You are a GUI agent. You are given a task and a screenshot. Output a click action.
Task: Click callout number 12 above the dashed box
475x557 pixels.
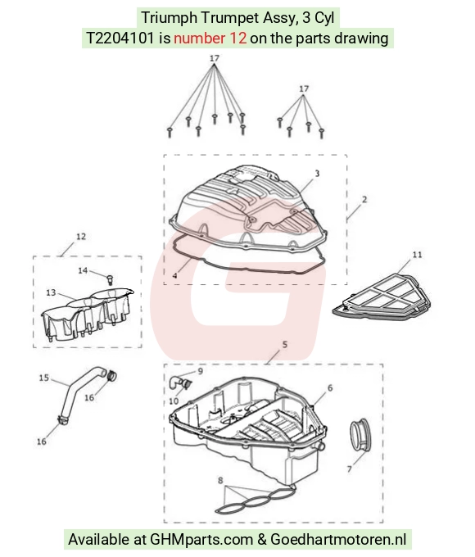coord(81,237)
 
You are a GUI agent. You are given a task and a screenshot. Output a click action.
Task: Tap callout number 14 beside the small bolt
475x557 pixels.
coord(83,270)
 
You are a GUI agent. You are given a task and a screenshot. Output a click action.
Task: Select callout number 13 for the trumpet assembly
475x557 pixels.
coord(51,292)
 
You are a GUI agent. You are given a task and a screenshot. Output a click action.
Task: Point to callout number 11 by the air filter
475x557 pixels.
coord(417,255)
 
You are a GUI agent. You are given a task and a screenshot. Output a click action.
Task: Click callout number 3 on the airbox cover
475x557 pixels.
coord(317,174)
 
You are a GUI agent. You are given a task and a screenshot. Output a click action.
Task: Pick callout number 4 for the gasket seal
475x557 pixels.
coord(174,276)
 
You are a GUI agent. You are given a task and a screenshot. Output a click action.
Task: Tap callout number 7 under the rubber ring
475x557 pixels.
coord(349,469)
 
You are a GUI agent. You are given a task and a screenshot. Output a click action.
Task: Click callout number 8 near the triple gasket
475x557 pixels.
coord(220,481)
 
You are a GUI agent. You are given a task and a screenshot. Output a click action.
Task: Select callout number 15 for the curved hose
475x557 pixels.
coord(43,378)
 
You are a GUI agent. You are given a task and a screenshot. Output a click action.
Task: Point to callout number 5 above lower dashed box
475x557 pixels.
coord(284,345)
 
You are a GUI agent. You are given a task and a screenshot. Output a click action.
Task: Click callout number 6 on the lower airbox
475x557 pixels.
coord(330,388)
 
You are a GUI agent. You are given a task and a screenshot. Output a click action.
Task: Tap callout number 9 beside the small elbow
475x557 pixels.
coord(201,371)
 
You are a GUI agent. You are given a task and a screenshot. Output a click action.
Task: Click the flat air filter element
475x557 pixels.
coord(382,297)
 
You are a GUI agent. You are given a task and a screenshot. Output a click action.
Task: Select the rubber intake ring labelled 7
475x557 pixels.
coord(360,435)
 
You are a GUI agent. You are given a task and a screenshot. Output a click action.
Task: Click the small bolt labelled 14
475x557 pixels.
coord(110,278)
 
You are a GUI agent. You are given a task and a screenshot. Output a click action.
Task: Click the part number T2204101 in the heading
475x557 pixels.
coord(120,38)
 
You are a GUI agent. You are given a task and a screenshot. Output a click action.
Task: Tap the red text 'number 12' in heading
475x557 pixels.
coord(210,38)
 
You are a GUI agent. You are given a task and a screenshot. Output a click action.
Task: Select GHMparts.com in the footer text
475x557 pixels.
coord(201,539)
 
